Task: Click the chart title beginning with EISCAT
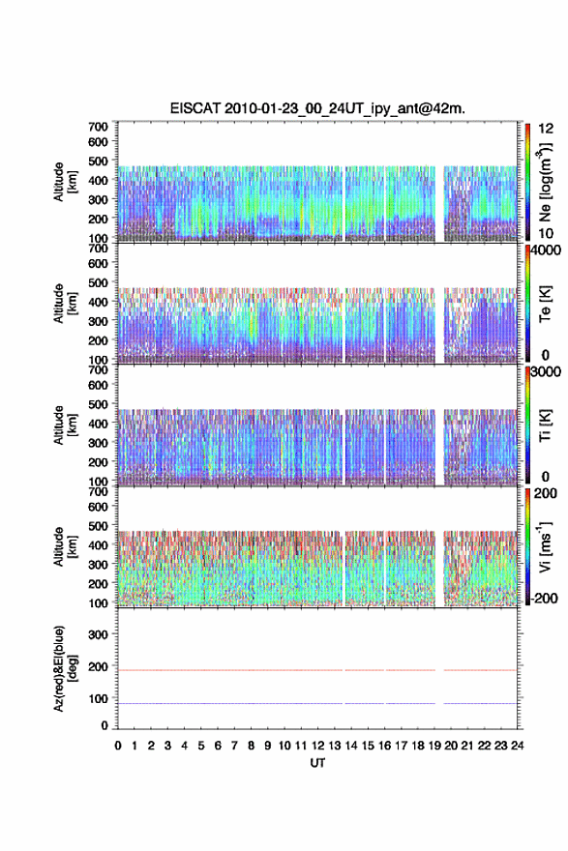pos(317,108)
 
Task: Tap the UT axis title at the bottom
pos(317,763)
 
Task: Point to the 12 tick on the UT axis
pos(317,746)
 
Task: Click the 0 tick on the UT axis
pos(118,746)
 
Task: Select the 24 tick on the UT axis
pos(517,746)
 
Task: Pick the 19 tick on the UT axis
pos(433,746)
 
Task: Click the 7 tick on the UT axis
pos(234,746)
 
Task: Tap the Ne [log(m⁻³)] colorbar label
pos(545,182)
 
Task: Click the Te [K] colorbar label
pos(545,304)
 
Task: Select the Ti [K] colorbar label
pos(545,425)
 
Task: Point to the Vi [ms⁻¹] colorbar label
pos(545,546)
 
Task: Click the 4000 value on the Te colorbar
pos(547,251)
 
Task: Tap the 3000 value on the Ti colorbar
pos(547,372)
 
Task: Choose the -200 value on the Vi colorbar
pos(544,598)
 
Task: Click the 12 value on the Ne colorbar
pos(546,128)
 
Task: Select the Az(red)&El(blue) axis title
pos(65,668)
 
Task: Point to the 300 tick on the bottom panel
pos(98,634)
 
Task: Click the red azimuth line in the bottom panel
pos(317,670)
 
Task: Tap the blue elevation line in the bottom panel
pos(317,703)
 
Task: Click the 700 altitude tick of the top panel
pos(98,127)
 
